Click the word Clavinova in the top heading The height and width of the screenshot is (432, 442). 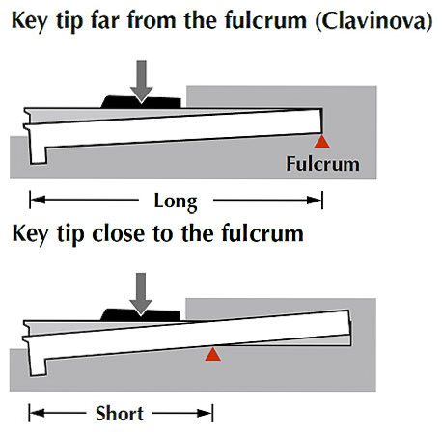point(373,21)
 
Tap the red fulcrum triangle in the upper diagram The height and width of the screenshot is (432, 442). point(322,142)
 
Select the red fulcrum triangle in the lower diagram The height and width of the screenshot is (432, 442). point(212,354)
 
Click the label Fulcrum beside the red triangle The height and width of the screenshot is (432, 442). point(322,164)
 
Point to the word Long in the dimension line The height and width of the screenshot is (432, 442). point(176,202)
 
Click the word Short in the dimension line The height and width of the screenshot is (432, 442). point(120,414)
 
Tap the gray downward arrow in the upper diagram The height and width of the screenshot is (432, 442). point(141,82)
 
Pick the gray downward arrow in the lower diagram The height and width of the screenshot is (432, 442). point(141,294)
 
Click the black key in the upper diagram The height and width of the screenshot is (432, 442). point(141,102)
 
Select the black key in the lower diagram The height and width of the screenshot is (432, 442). point(140,315)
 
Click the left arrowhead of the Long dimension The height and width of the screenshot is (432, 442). point(38,200)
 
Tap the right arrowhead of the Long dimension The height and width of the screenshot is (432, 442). point(314,200)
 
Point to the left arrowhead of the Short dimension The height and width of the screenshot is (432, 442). point(38,413)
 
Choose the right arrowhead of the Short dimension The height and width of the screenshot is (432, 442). point(205,413)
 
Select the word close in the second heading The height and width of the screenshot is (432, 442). point(118,233)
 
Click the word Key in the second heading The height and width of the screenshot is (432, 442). point(30,234)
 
